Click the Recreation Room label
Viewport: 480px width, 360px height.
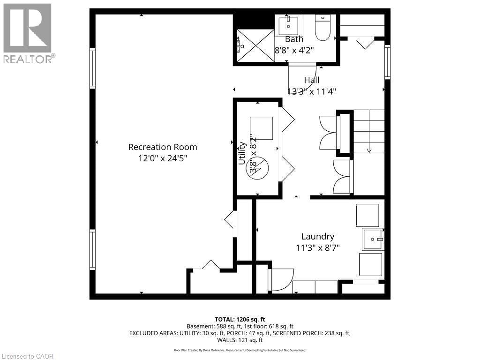point(163,147)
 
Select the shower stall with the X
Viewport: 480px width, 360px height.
point(255,45)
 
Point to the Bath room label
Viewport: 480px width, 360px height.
point(294,39)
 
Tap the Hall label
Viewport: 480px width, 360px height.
point(311,80)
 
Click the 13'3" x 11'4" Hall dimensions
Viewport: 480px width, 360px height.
point(311,91)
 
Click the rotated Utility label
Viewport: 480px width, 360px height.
point(242,153)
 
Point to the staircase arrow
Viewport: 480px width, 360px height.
point(369,150)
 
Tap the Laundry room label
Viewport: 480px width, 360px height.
point(318,237)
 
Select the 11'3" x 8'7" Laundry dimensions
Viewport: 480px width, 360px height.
point(318,248)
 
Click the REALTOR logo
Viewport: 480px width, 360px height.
point(28,33)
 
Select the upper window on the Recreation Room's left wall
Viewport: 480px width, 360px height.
point(93,68)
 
